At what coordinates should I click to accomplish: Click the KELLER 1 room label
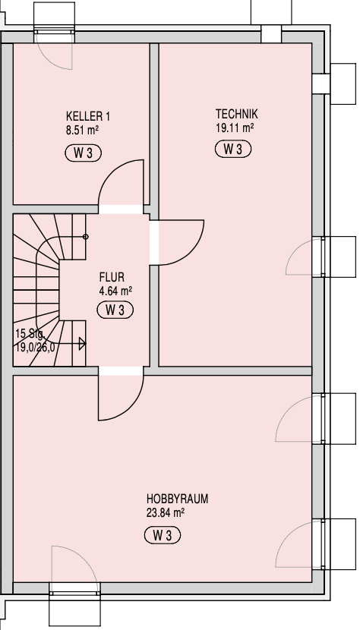87,117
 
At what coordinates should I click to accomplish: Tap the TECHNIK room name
236,114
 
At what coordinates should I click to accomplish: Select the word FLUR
112,277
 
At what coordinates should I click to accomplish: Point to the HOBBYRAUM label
178,499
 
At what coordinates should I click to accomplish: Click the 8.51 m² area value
83,131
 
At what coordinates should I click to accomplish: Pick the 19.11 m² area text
235,128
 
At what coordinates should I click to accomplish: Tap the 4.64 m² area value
116,291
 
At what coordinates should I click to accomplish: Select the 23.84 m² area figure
166,512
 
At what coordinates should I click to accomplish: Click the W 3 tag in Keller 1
84,153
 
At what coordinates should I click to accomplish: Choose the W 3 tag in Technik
233,149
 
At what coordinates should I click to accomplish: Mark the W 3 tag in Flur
115,310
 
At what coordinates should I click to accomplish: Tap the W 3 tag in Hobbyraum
163,536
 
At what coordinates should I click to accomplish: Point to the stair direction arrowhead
82,344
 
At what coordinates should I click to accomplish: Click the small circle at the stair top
85,237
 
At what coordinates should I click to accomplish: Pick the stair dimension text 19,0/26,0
35,347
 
